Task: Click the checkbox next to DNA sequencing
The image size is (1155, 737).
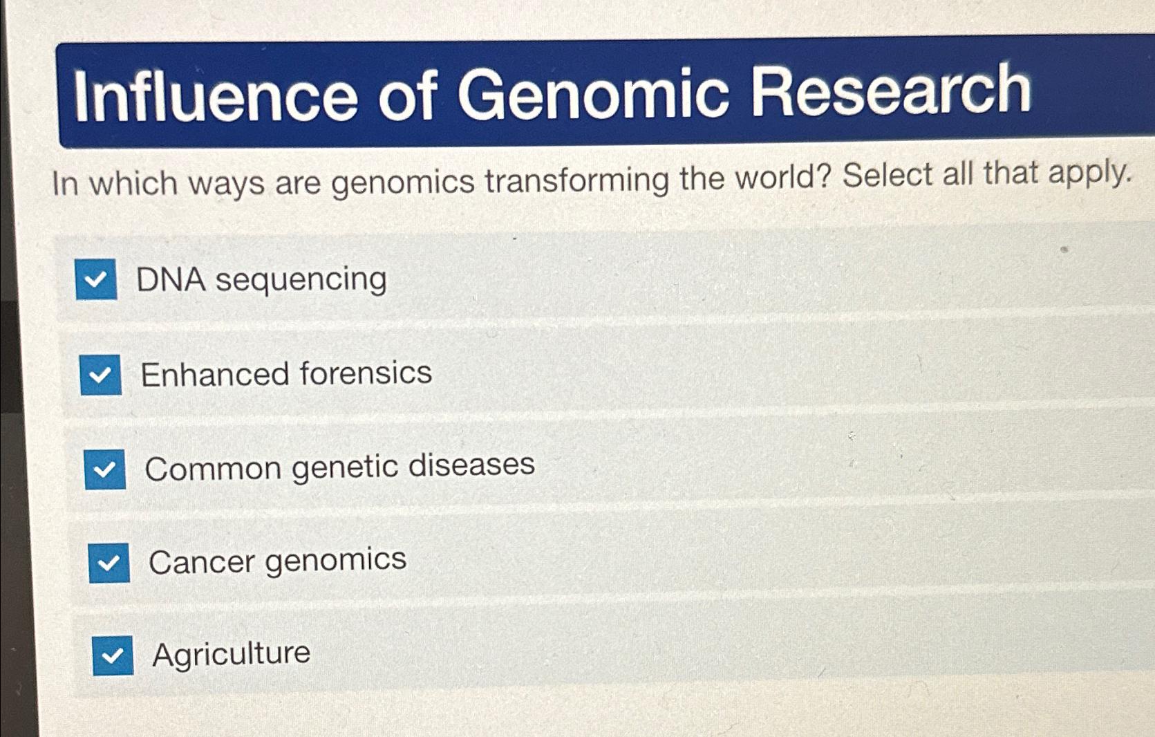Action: click(x=96, y=279)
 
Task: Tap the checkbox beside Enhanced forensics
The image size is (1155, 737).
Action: click(x=101, y=375)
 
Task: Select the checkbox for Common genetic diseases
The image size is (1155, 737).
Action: click(x=105, y=469)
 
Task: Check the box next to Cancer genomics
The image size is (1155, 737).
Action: click(x=109, y=563)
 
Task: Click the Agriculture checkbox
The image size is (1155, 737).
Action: click(x=113, y=655)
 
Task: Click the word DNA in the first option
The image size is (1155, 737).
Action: click(x=171, y=280)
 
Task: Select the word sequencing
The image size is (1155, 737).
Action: click(x=301, y=280)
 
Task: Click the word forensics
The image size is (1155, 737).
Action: click(x=366, y=373)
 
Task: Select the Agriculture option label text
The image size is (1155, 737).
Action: click(x=231, y=653)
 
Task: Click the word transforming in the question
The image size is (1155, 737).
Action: click(x=576, y=180)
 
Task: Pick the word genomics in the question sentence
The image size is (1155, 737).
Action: click(x=402, y=183)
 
